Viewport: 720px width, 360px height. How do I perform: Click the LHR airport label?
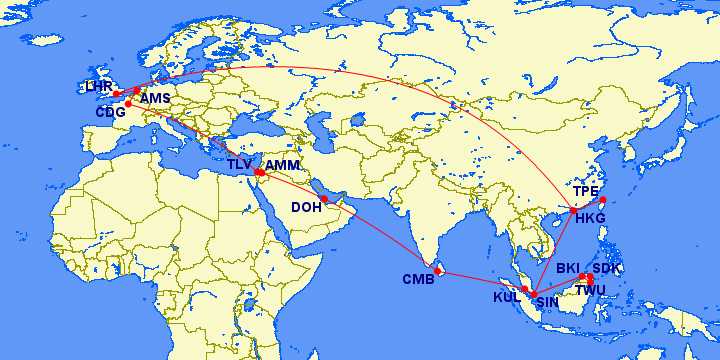[99, 87]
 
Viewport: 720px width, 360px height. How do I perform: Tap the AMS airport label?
[155, 98]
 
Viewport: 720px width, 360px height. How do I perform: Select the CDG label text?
[109, 112]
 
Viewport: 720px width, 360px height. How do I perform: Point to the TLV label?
[239, 164]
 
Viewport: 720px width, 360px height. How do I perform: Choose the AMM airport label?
[283, 164]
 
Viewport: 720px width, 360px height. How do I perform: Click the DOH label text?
[306, 208]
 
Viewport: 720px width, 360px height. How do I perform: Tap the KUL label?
[507, 297]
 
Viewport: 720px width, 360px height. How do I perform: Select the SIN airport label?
[547, 301]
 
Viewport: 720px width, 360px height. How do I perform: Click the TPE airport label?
[587, 190]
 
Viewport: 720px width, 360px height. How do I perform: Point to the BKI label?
[568, 268]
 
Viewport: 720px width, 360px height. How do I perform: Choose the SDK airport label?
[607, 268]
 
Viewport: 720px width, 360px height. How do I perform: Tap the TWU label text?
[591, 290]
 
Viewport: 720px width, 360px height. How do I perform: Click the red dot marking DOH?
[325, 198]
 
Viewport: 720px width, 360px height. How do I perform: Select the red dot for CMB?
[438, 271]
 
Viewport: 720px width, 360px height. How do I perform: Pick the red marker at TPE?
[602, 200]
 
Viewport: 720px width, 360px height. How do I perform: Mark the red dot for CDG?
[128, 104]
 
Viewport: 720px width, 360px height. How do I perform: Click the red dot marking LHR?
[116, 94]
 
